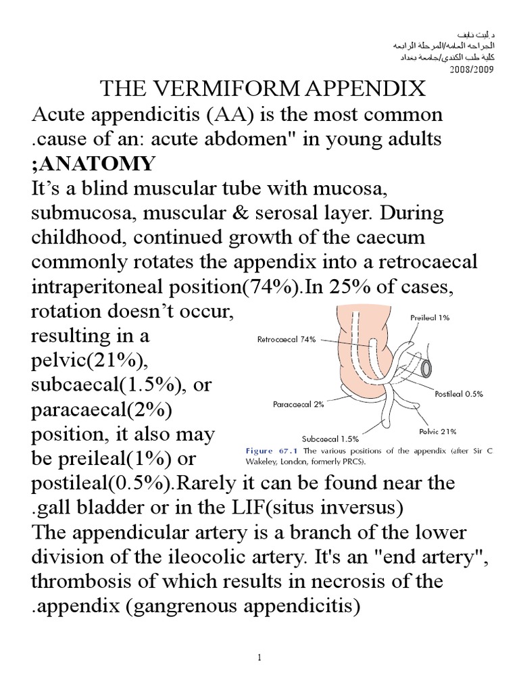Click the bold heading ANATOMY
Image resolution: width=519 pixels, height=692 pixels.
pos(97,164)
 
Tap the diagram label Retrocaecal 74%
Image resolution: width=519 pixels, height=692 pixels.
pos(286,340)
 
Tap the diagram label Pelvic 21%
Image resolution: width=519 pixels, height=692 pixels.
pos(438,430)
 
